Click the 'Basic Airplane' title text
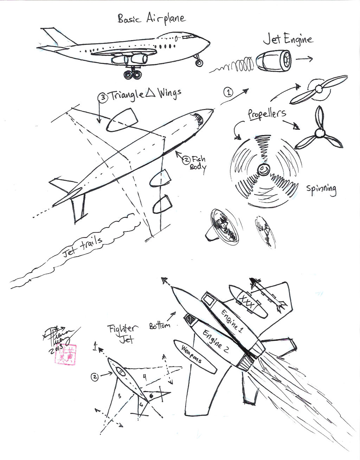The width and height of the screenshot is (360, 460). click(151, 18)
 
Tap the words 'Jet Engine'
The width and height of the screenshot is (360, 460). click(288, 39)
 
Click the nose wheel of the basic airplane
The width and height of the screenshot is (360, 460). click(199, 63)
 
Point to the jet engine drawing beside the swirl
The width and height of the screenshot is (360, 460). click(274, 61)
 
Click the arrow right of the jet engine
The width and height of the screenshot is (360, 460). click(304, 59)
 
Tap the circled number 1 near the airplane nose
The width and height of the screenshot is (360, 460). click(228, 92)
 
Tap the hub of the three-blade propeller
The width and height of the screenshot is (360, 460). click(320, 133)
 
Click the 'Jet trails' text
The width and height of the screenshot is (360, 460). click(83, 247)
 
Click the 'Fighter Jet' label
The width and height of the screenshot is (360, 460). click(122, 333)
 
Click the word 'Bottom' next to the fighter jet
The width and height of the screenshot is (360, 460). click(160, 325)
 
